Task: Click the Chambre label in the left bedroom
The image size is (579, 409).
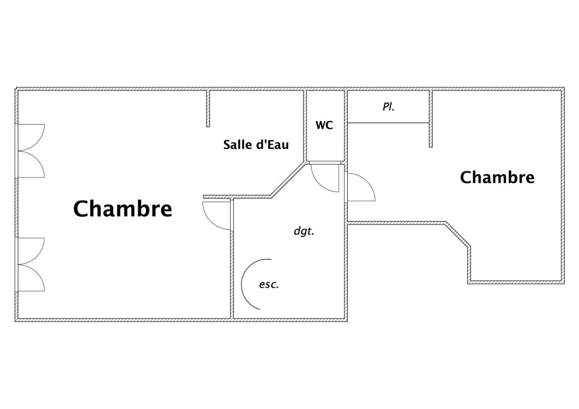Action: coord(123,209)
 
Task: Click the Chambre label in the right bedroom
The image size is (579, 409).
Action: coord(497,178)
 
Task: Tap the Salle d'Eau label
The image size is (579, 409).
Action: coord(256,145)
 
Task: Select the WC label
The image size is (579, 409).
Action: coord(324,125)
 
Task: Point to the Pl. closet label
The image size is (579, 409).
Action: coord(389,107)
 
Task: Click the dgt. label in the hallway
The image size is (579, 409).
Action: coord(304,231)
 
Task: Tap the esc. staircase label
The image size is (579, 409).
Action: coord(269,285)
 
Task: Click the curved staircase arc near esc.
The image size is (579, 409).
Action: coord(241,284)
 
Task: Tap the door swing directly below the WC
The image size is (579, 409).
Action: coord(325,178)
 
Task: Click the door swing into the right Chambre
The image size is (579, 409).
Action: coord(362,187)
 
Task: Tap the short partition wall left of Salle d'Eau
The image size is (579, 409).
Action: coord(208,108)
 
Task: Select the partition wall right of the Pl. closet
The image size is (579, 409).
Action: coord(431,119)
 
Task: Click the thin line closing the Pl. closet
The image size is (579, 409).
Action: coord(388,123)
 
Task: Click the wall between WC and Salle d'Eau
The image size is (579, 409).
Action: coord(305,125)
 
